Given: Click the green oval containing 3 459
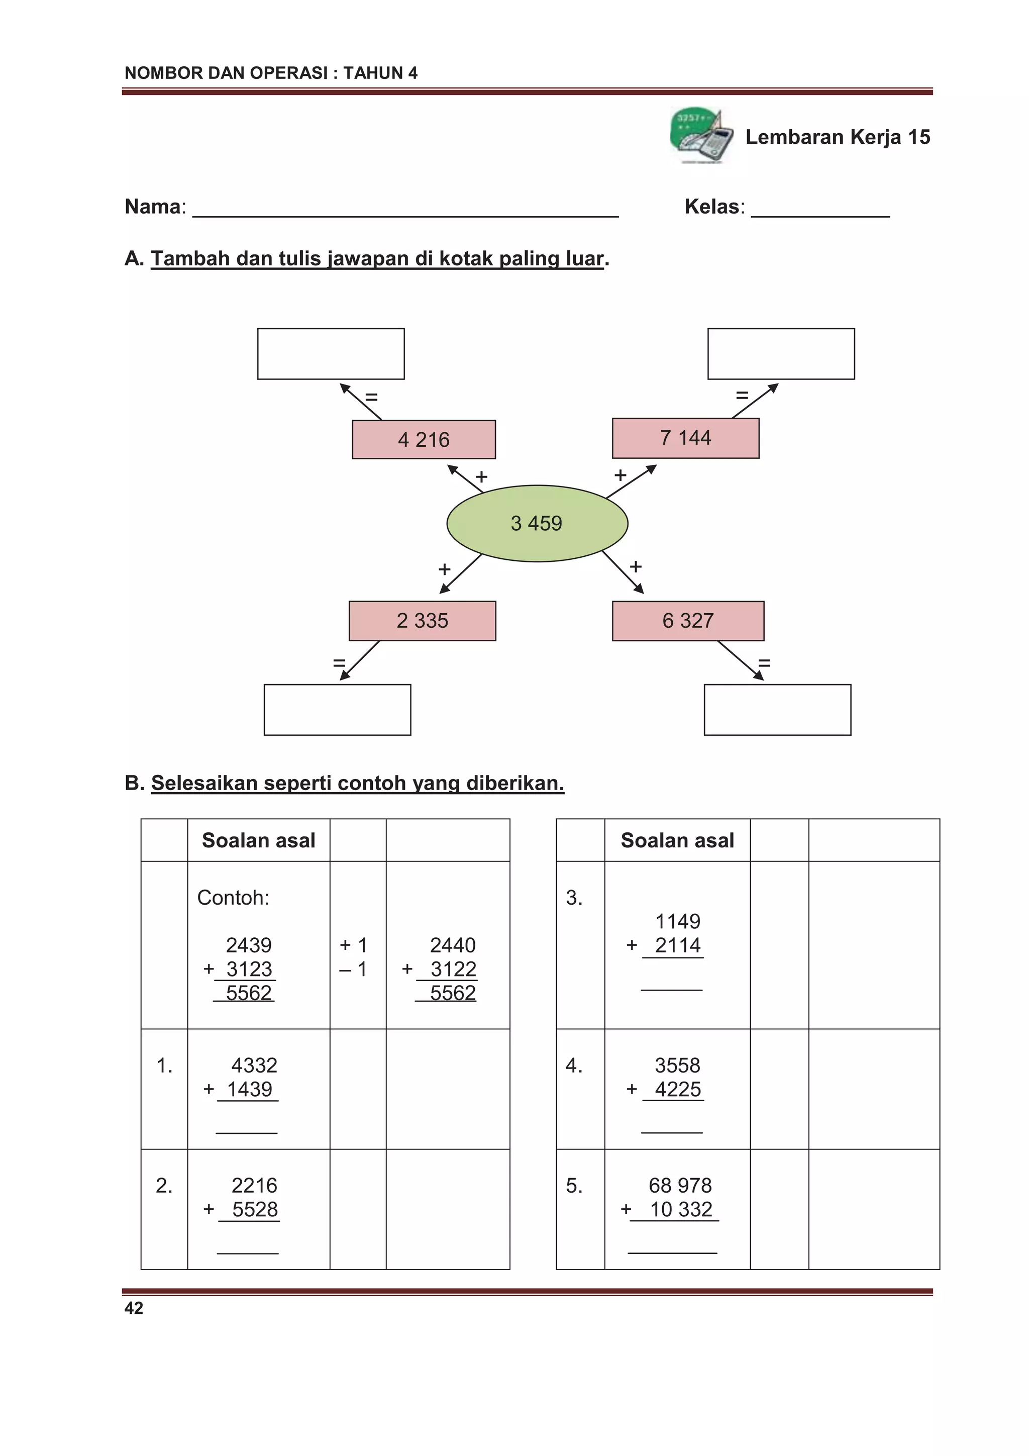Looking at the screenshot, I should click(537, 523).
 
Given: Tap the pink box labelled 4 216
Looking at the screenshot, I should click(424, 439).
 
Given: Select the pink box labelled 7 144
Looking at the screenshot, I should click(685, 438).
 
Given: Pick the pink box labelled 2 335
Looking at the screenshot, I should click(422, 620).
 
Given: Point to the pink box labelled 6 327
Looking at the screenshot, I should click(688, 620).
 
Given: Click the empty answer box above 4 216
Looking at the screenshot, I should click(331, 354).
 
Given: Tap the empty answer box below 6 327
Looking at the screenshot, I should click(777, 710).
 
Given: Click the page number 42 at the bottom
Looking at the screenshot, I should click(134, 1308).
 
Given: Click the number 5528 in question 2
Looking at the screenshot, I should click(255, 1209).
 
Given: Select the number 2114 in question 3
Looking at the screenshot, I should click(677, 945).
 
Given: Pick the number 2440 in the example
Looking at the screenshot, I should click(453, 945).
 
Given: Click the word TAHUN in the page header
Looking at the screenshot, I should click(373, 73).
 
